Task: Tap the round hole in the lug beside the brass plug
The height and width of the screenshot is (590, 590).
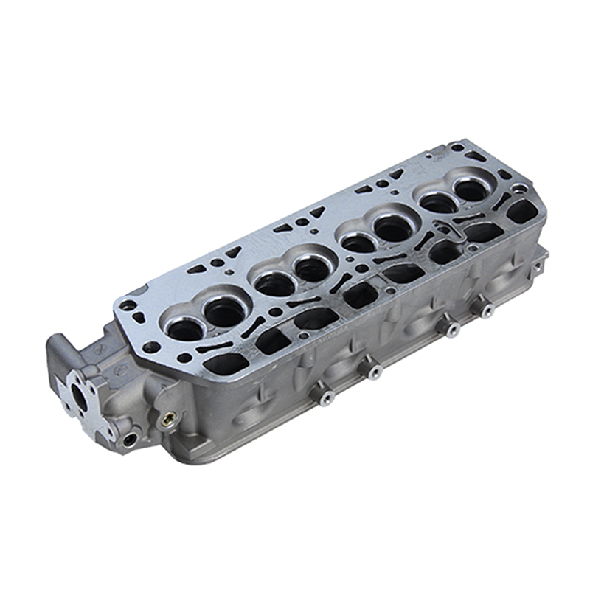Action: tap(131, 440)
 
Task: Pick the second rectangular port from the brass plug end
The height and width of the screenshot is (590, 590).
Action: tap(271, 340)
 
